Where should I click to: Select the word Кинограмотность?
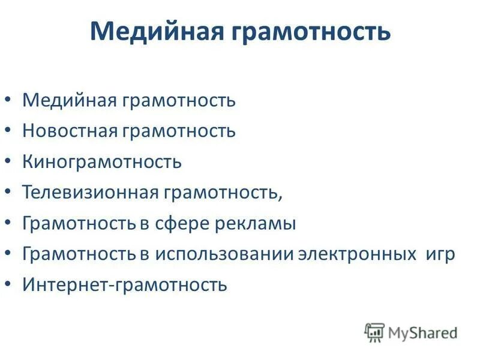point(102,161)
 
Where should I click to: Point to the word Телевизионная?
point(91,193)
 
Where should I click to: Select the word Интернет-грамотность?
point(125,284)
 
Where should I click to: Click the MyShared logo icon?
point(374,332)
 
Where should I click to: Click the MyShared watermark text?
point(422,332)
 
